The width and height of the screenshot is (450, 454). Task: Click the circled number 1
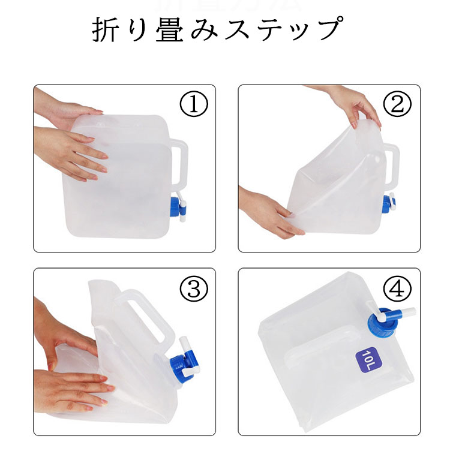194,104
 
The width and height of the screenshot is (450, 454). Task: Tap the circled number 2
397,104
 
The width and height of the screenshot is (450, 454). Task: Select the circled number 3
194,288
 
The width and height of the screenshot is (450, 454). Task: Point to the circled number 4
397,288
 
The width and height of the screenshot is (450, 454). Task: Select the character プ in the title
329,29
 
